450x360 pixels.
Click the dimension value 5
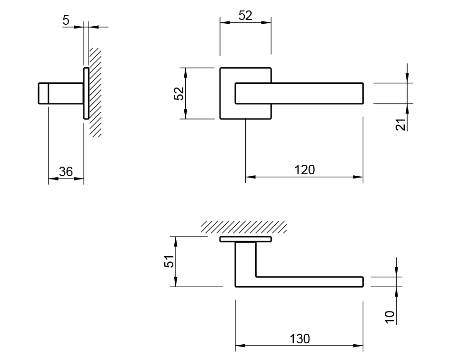66,20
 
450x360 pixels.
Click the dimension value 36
66,172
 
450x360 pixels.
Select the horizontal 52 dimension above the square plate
245,16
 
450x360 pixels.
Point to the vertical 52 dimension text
179,93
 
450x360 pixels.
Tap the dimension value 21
400,125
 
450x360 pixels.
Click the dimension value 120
305,170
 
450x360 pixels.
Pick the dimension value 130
300,339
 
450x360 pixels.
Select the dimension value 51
169,261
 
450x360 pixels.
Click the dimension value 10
390,317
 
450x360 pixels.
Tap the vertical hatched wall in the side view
95,92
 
